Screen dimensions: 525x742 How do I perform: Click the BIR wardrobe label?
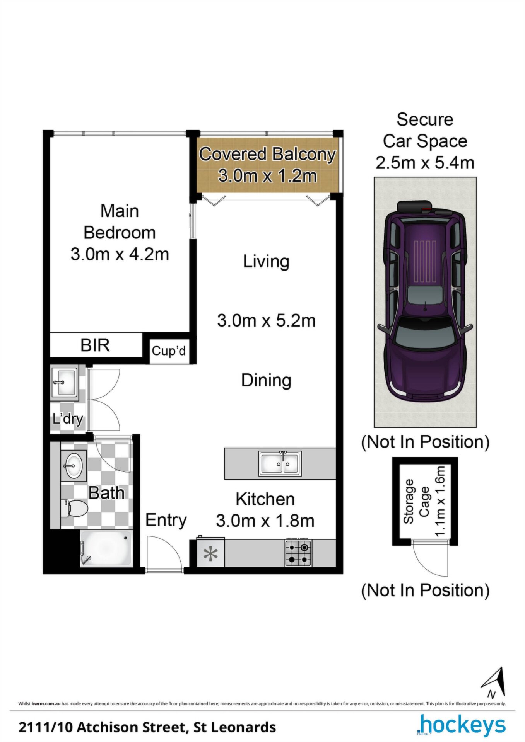pyautogui.click(x=95, y=345)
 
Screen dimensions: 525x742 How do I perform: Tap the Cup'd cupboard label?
pyautogui.click(x=169, y=351)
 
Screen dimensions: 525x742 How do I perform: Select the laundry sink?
pyautogui.click(x=64, y=383)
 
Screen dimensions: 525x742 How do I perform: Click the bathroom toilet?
pyautogui.click(x=75, y=508)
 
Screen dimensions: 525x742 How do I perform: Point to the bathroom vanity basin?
pyautogui.click(x=73, y=465)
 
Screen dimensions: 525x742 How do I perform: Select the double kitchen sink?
pyautogui.click(x=280, y=463)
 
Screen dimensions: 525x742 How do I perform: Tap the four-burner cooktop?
pyautogui.click(x=298, y=553)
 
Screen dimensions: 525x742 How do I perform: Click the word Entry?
pyautogui.click(x=166, y=520)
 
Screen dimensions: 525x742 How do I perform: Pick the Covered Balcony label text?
pyautogui.click(x=267, y=154)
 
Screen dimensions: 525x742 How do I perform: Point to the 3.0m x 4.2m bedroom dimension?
pyautogui.click(x=120, y=254)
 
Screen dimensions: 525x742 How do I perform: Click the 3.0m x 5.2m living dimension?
pyautogui.click(x=266, y=321)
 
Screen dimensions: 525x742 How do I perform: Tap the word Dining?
pyautogui.click(x=266, y=380)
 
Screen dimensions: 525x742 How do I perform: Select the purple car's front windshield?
pyautogui.click(x=425, y=334)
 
